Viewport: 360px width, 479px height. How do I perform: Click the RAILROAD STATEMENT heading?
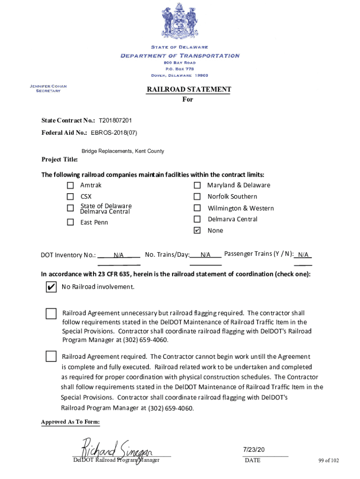click(x=188, y=89)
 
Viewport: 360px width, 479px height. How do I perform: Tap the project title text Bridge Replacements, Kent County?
click(x=122, y=151)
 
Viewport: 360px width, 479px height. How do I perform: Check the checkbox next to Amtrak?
click(x=70, y=185)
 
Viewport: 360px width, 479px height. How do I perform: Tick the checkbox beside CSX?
click(x=70, y=197)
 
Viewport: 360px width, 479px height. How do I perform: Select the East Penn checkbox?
click(x=70, y=222)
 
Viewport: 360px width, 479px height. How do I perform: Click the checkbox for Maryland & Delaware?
click(x=197, y=185)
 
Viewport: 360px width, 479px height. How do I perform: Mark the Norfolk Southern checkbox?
click(x=197, y=196)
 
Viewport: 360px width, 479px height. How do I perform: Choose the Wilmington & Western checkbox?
click(x=197, y=208)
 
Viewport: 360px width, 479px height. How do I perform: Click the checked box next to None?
click(x=197, y=230)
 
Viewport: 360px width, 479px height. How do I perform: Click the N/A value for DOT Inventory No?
click(x=118, y=255)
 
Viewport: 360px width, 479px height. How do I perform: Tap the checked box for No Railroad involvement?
click(x=50, y=287)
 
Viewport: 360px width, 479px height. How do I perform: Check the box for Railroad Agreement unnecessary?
click(x=50, y=313)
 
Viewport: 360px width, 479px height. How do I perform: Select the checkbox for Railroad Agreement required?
click(x=50, y=356)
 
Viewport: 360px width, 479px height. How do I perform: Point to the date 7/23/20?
click(x=254, y=450)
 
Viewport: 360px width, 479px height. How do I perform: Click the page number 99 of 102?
click(x=329, y=460)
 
